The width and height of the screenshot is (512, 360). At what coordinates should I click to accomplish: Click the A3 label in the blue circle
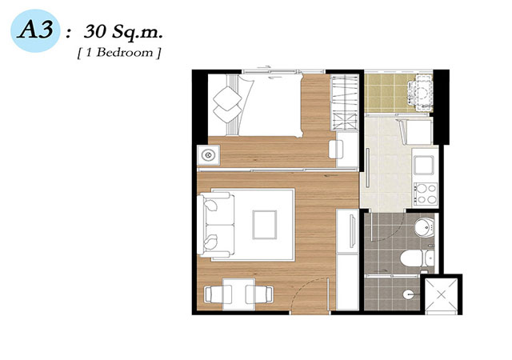[x=35, y=30]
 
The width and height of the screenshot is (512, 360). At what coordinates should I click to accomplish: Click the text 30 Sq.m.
[x=123, y=32]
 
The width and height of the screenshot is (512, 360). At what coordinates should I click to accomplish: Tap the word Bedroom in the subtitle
[x=125, y=53]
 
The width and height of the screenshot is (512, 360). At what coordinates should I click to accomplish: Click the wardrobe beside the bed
[x=345, y=102]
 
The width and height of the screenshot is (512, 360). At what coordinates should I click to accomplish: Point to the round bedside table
[x=208, y=155]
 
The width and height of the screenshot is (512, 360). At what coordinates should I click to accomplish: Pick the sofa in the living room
[x=216, y=225]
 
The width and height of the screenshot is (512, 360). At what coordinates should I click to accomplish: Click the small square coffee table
[x=265, y=225]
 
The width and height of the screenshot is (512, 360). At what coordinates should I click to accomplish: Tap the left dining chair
[x=218, y=294]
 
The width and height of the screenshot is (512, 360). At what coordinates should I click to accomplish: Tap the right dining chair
[x=259, y=294]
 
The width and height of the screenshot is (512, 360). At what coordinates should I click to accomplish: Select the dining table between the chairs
[x=238, y=294]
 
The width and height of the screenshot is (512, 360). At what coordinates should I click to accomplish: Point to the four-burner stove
[x=426, y=194]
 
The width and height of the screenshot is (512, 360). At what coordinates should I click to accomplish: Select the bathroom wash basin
[x=424, y=227]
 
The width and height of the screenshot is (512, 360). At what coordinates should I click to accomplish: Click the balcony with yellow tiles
[x=398, y=93]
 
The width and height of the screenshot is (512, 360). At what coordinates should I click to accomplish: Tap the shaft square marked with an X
[x=441, y=294]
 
